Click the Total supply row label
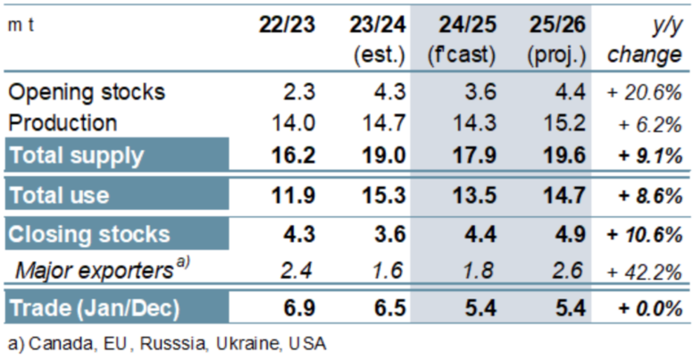pyautogui.click(x=77, y=155)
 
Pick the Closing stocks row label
pyautogui.click(x=88, y=234)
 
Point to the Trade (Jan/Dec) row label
pyautogui.click(x=94, y=308)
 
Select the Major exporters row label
pyautogui.click(x=98, y=271)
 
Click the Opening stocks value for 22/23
pyautogui.click(x=298, y=91)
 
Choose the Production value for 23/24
pyautogui.click(x=385, y=121)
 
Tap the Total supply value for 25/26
pyautogui.click(x=563, y=155)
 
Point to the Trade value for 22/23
pyautogui.click(x=297, y=308)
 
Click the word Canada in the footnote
pyautogui.click(x=53, y=343)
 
